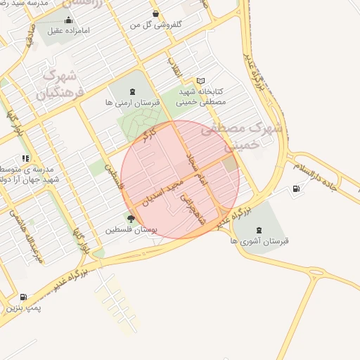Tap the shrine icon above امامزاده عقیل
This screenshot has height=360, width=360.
click(67, 20)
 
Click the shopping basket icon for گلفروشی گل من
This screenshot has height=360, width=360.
click(155, 13)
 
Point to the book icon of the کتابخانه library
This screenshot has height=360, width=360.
click(201, 82)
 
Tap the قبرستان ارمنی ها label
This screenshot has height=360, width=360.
click(133, 102)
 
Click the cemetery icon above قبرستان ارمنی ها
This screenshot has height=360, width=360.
click(133, 91)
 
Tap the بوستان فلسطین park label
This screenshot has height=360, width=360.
click(131, 230)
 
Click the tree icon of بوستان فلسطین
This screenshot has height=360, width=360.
click(131, 219)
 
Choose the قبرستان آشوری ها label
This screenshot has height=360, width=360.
click(259, 240)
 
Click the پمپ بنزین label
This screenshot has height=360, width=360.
click(25, 308)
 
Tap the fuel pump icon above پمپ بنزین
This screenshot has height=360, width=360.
click(25, 297)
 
